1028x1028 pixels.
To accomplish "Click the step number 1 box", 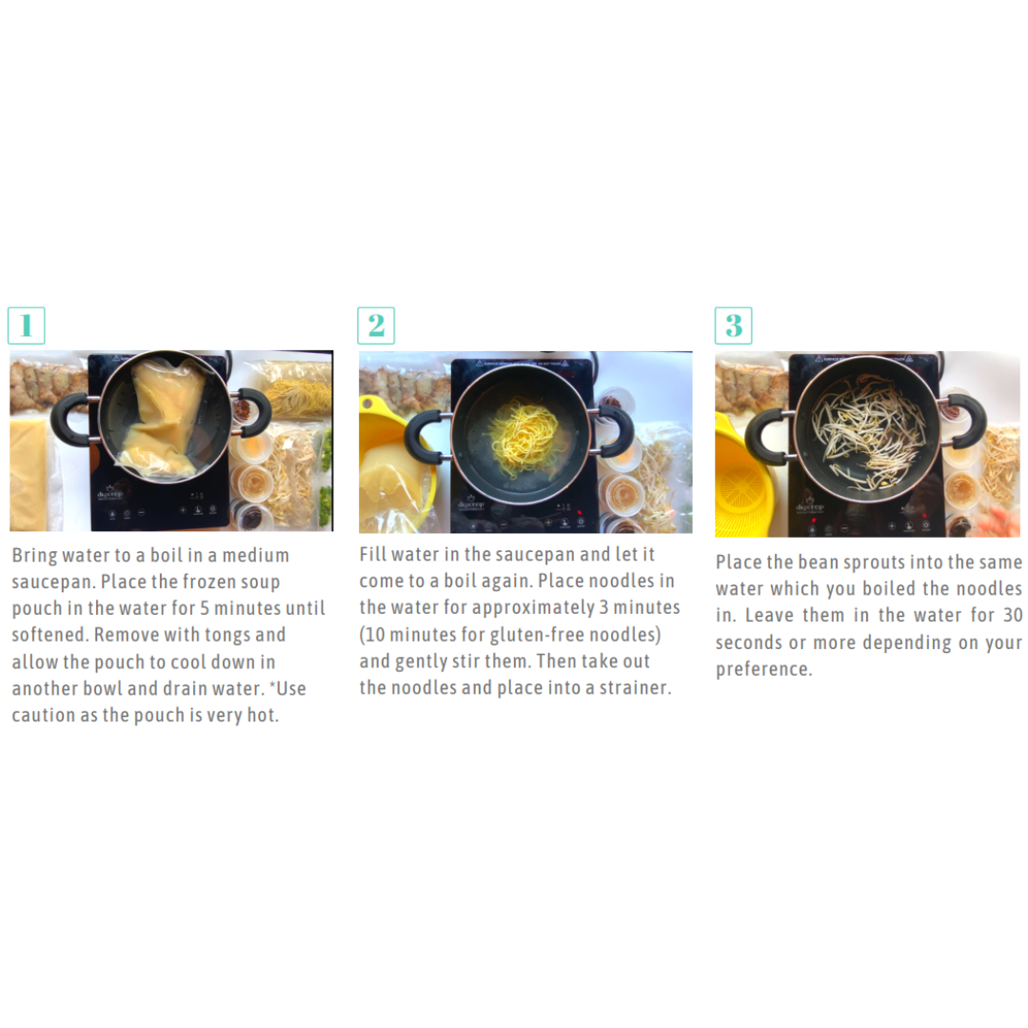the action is click(x=27, y=326).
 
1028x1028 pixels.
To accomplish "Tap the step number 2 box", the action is click(x=376, y=326).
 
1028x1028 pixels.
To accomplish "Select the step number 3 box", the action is click(x=733, y=326).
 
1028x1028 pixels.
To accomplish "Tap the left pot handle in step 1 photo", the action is click(x=72, y=421).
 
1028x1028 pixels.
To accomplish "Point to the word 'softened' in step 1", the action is click(x=49, y=635).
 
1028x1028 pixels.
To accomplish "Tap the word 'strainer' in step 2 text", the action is click(x=635, y=688).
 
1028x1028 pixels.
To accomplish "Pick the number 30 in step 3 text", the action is click(x=1012, y=615).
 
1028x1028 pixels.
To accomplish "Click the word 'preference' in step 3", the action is click(x=763, y=669).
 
